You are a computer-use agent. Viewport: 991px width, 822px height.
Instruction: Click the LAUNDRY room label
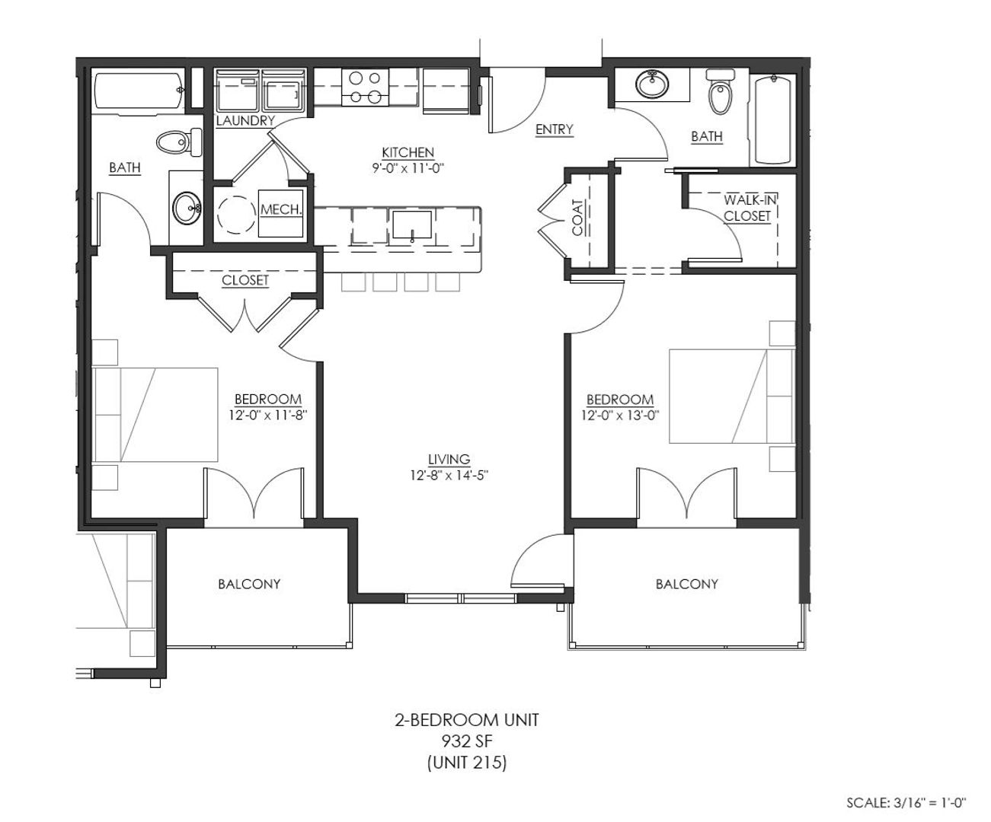pyautogui.click(x=245, y=121)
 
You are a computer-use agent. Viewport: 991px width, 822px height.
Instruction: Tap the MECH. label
pyautogui.click(x=281, y=209)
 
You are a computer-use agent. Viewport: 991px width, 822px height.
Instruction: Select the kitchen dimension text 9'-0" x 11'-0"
pyautogui.click(x=408, y=168)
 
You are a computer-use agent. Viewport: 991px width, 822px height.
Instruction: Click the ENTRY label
pyautogui.click(x=554, y=129)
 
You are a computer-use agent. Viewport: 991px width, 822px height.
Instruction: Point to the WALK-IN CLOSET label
pyautogui.click(x=750, y=208)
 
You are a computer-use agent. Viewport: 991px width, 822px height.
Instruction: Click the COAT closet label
pyautogui.click(x=577, y=217)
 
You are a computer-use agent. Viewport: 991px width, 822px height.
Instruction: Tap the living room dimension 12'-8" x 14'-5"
pyautogui.click(x=449, y=475)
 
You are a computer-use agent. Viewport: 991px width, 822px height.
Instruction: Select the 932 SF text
pyautogui.click(x=467, y=741)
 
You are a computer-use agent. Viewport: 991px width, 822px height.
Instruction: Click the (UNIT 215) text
pyautogui.click(x=467, y=762)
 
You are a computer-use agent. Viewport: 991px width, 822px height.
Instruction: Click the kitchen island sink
pyautogui.click(x=412, y=225)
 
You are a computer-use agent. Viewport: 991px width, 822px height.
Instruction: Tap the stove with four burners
pyautogui.click(x=365, y=88)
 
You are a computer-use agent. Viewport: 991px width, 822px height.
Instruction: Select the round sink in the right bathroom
pyautogui.click(x=652, y=84)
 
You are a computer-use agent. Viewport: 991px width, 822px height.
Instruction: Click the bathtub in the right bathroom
pyautogui.click(x=772, y=119)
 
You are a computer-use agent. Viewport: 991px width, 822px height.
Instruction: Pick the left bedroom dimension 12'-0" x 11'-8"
pyautogui.click(x=268, y=415)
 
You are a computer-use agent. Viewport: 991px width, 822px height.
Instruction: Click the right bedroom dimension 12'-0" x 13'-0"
pyautogui.click(x=620, y=416)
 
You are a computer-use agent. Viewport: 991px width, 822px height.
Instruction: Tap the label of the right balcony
pyautogui.click(x=687, y=584)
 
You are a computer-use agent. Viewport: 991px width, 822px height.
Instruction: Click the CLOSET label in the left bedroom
pyautogui.click(x=245, y=280)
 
